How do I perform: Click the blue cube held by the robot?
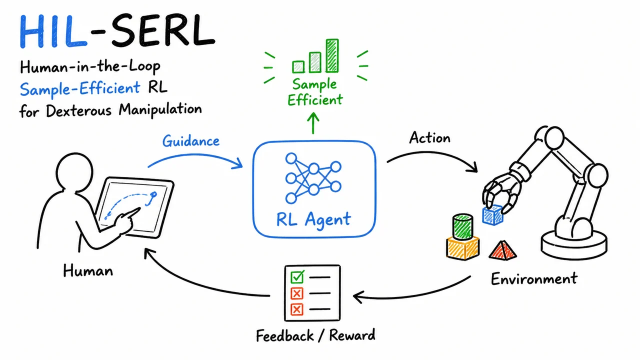click(x=492, y=215)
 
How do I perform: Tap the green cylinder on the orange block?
click(x=463, y=226)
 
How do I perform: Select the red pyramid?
click(x=502, y=250)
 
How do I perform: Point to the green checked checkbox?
click(x=297, y=276)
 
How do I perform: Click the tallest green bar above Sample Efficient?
click(x=332, y=55)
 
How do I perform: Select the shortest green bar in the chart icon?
click(x=298, y=67)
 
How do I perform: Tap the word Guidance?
click(x=191, y=141)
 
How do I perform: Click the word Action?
click(x=429, y=138)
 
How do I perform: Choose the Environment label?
click(x=534, y=278)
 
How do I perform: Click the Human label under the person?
click(x=88, y=270)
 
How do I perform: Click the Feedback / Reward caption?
click(x=315, y=335)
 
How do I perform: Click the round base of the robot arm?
click(x=574, y=245)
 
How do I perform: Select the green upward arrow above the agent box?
click(x=313, y=123)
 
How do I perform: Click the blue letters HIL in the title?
click(x=53, y=31)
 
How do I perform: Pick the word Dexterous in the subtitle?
click(x=78, y=111)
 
